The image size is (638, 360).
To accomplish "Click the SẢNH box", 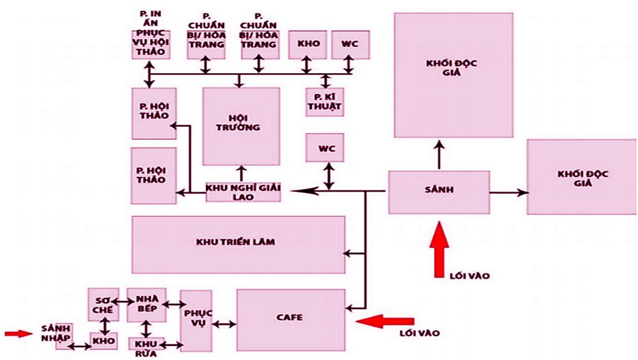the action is (439, 192).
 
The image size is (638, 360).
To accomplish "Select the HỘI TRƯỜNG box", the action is (241, 126).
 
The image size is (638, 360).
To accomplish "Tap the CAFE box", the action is (291, 320).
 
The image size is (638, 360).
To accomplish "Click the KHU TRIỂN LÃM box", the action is (239, 245).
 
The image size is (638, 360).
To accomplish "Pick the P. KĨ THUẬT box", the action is (325, 102).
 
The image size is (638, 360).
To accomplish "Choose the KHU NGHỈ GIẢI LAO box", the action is (244, 192).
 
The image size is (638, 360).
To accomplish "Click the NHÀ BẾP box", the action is (146, 305).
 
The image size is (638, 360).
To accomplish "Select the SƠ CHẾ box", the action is (104, 305).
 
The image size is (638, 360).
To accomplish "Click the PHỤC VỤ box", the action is (196, 321).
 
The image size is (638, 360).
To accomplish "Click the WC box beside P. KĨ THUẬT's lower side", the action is (325, 147).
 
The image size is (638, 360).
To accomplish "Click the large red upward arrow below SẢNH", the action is (439, 250).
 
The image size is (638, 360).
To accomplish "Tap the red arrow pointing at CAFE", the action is (385, 321).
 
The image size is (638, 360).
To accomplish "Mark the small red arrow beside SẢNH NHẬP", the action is (19, 333).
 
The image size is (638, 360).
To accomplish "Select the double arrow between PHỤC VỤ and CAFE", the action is (224, 324).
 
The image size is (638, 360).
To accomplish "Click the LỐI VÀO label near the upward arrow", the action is (469, 276).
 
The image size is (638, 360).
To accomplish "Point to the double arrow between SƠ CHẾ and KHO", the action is (105, 326).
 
